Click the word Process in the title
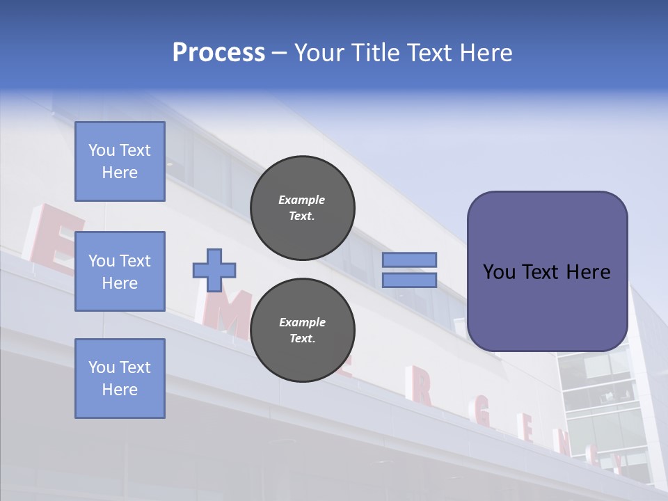point(218,53)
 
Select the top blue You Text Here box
point(120,161)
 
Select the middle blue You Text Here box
point(120,271)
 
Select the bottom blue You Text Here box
point(120,378)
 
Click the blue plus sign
point(214,270)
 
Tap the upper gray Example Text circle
point(302,208)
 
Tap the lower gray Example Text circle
point(302,331)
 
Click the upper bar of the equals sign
point(409,260)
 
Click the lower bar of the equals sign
point(409,280)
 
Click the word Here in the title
point(485,53)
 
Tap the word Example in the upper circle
point(302,200)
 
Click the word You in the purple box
point(499,272)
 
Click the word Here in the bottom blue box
point(120,390)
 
